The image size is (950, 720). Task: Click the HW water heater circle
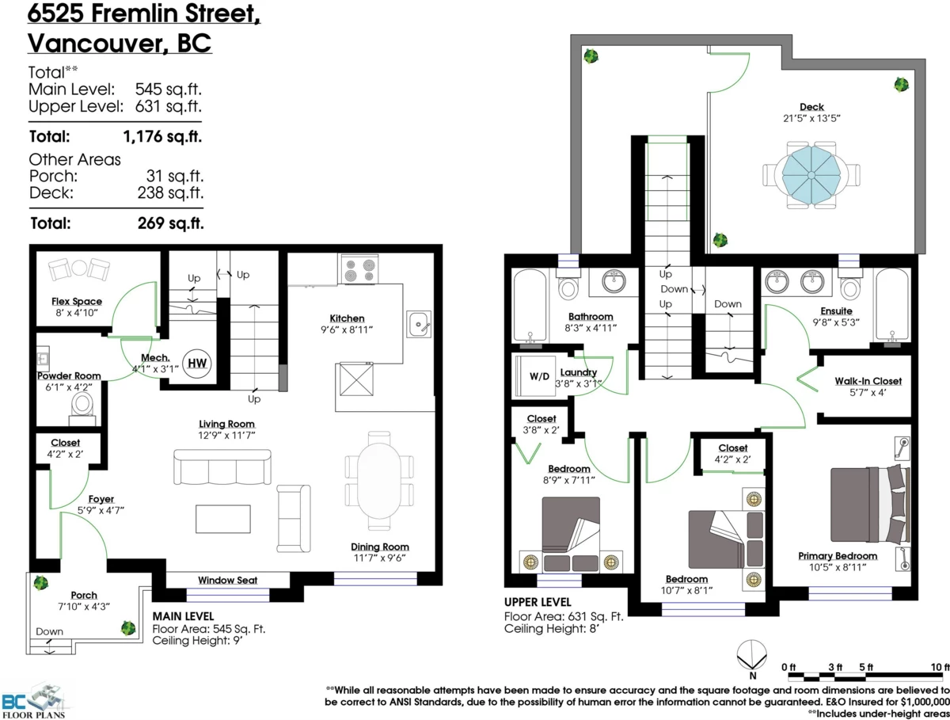coord(195,363)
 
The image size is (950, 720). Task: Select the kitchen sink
coord(420,323)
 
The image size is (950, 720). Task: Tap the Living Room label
coord(226,424)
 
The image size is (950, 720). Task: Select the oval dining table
coord(380,485)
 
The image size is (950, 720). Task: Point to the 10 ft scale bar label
coord(940,665)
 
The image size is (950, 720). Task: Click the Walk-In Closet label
coord(868,381)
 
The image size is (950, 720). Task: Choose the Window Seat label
coord(227,580)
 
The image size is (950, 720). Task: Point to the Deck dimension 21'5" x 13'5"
coord(811,118)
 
